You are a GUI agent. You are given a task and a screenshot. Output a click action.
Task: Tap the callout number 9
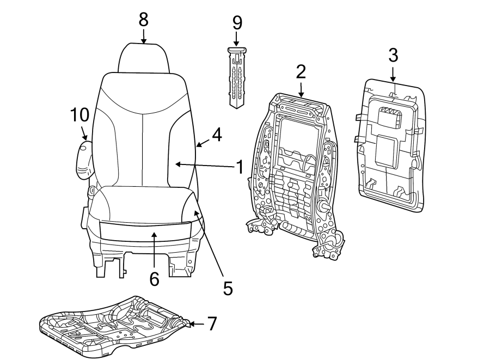click(237, 22)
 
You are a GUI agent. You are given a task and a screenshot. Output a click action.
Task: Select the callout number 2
click(301, 71)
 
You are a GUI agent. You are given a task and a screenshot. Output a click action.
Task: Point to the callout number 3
click(393, 54)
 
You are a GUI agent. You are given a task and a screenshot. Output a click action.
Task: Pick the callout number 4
click(216, 135)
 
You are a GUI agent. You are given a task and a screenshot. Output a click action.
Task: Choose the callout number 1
click(238, 167)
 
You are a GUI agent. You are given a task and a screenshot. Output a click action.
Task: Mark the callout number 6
click(154, 279)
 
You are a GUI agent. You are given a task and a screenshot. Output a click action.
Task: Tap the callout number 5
click(228, 288)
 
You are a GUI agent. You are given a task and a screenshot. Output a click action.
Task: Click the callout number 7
click(212, 324)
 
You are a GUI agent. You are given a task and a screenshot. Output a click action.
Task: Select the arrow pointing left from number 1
click(204, 164)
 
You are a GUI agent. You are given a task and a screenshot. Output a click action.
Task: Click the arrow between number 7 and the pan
click(195, 324)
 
